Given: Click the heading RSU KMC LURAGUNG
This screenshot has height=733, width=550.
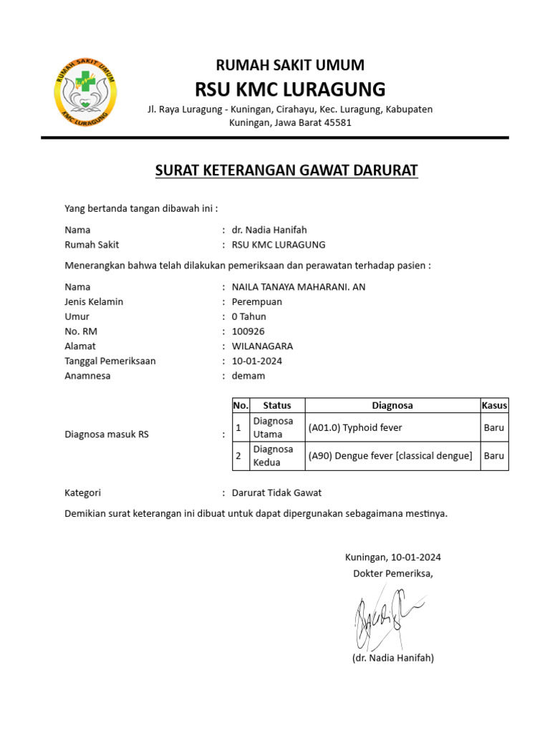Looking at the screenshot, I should [290, 89].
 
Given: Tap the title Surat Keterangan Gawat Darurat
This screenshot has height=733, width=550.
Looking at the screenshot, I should [286, 170].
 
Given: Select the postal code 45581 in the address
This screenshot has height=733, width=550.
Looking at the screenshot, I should [338, 122].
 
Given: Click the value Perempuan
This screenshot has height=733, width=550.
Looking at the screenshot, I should [257, 301].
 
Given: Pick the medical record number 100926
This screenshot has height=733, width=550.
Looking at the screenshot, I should [249, 331].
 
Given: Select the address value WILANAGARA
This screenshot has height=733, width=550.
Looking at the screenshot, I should [262, 346].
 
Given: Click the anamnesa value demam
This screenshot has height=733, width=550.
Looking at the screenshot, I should [248, 375].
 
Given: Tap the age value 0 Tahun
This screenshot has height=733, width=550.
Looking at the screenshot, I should [249, 316].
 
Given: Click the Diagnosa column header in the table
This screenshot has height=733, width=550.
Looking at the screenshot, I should [392, 405].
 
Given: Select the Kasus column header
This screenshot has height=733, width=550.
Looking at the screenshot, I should [494, 405].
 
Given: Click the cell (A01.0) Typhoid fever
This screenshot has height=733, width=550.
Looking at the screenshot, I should [355, 427].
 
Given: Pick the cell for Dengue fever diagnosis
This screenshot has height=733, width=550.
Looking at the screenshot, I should [390, 456].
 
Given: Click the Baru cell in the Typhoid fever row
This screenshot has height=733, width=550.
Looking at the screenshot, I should [494, 427].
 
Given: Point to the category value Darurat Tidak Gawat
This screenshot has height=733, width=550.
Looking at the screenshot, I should [276, 492].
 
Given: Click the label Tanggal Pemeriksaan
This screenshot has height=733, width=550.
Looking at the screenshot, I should [110, 361].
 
